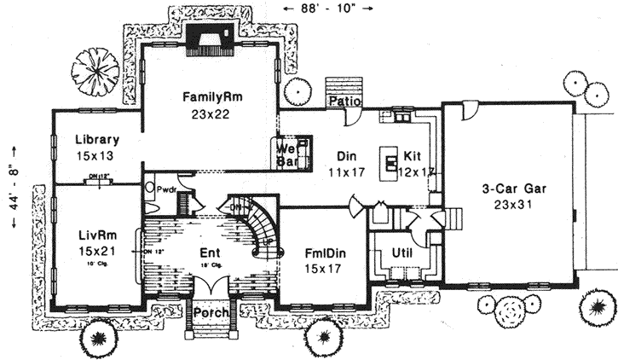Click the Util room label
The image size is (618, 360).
coord(401,254)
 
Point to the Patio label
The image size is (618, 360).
coord(346,102)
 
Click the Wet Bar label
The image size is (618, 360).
coord(285,153)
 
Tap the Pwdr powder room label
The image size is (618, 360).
coord(165,189)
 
